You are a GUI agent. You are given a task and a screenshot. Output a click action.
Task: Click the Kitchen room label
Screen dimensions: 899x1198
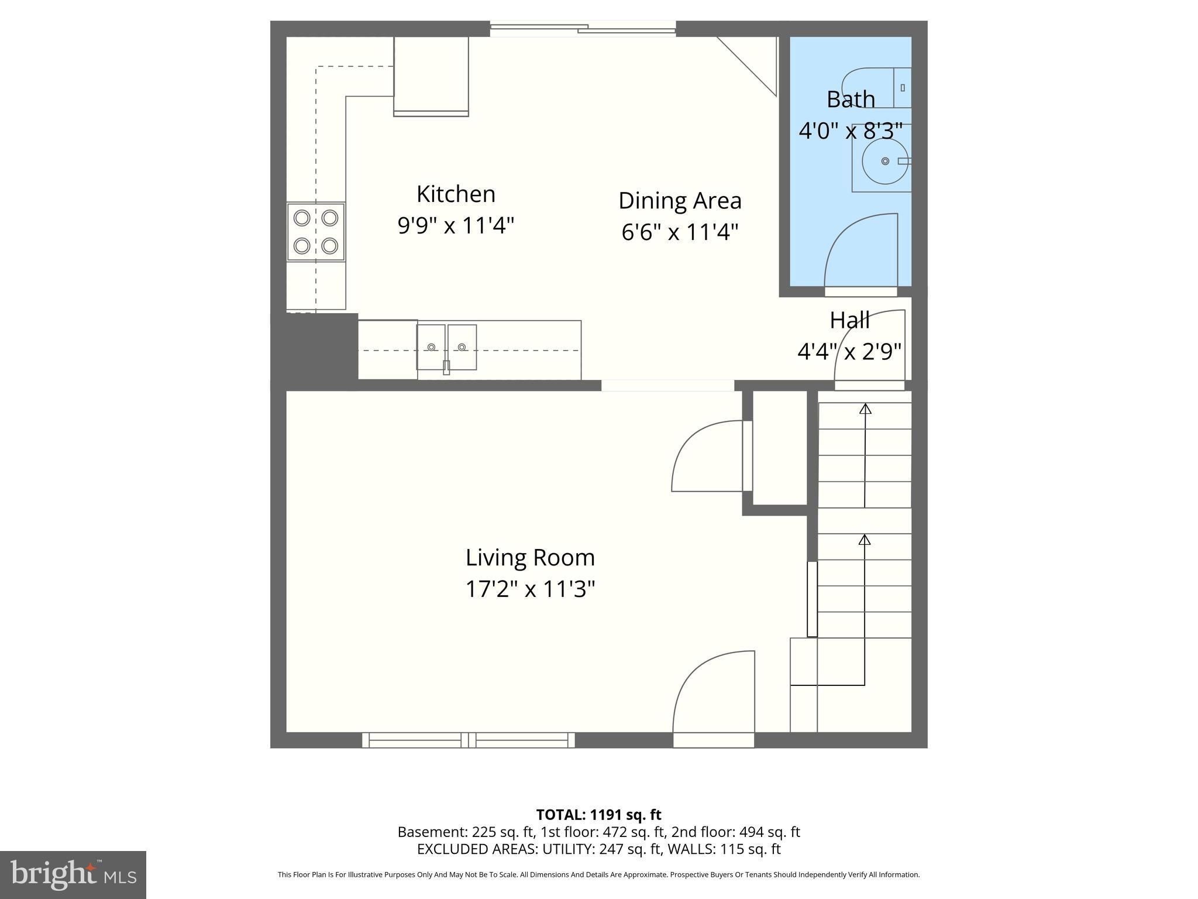456,194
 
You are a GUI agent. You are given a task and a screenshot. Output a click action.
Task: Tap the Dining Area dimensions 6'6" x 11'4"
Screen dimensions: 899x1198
680,232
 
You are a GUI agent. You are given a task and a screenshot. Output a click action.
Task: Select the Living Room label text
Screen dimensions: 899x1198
530,557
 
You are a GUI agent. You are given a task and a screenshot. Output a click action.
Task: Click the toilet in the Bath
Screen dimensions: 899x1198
877,88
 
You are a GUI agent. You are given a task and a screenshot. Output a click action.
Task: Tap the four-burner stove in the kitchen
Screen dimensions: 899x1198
316,232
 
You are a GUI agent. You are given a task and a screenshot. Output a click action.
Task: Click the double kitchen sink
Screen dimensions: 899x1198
446,347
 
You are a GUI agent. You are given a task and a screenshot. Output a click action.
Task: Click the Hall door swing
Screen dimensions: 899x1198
869,345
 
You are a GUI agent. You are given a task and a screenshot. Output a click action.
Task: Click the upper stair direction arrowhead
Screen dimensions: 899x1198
865,409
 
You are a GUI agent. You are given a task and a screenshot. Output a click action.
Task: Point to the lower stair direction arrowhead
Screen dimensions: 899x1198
865,539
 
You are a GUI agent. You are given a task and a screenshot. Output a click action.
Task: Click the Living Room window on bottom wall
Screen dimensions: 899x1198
468,740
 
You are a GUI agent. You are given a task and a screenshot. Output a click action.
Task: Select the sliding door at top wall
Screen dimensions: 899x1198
583,28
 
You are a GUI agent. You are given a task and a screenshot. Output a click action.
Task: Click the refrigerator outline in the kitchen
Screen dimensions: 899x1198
431,76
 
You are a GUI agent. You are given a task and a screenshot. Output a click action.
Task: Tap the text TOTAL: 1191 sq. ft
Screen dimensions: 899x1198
598,815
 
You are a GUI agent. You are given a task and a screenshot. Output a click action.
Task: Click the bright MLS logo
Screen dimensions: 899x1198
73,874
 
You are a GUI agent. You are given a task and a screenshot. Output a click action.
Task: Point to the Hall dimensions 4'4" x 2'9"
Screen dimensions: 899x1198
849,352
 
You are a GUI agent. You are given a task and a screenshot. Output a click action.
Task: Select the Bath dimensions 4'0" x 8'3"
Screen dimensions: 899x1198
851,131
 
